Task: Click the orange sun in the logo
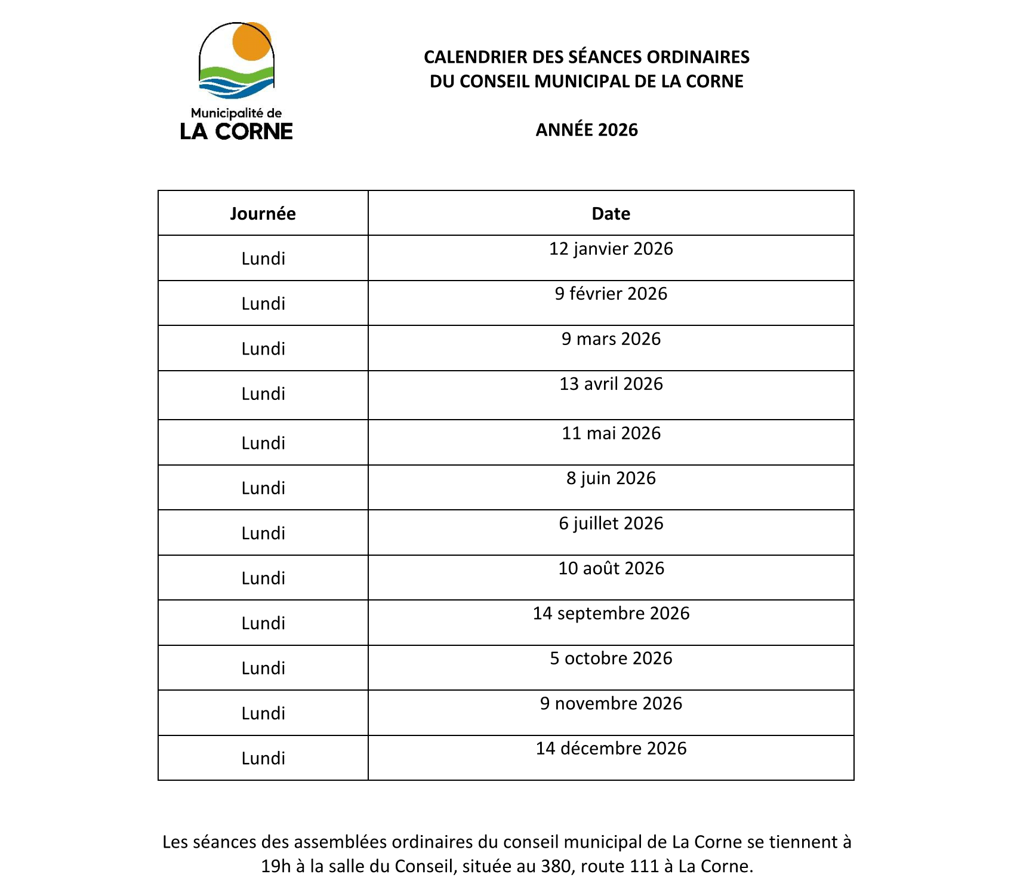252,42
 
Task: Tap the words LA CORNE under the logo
236,131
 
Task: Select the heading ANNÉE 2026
587,130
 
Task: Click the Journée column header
263,214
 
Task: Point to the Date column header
611,214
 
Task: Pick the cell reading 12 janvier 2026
611,249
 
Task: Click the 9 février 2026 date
611,294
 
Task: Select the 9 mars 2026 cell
611,339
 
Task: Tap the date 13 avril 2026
611,384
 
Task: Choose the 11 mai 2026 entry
611,433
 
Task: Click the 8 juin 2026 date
611,478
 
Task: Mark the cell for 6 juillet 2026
611,524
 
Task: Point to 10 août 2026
611,568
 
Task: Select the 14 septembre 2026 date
611,614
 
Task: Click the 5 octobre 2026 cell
611,658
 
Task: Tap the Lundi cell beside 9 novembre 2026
263,713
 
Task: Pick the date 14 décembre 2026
611,749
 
